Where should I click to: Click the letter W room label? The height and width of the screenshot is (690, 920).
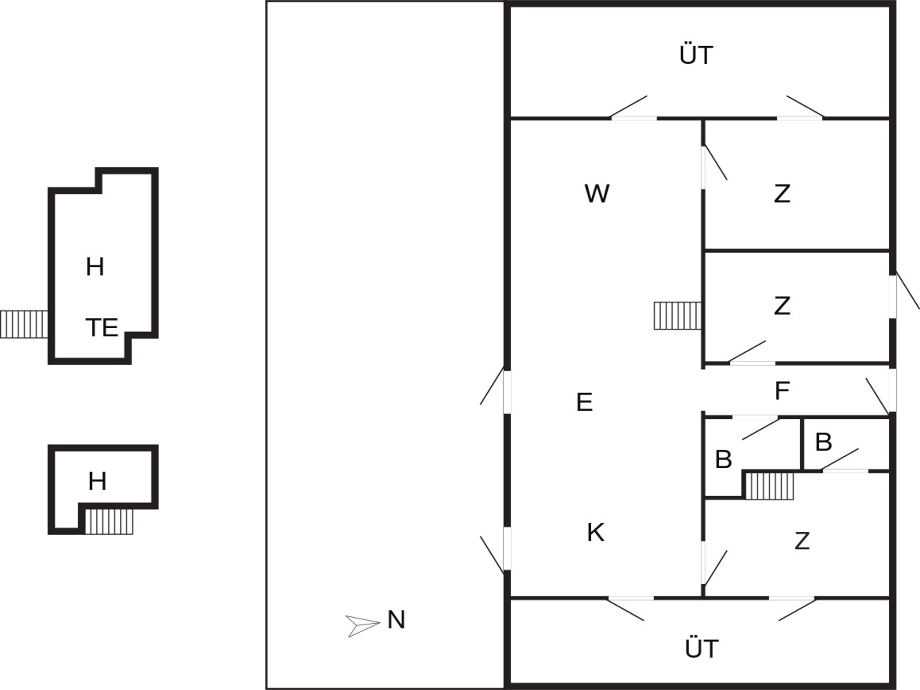point(597,194)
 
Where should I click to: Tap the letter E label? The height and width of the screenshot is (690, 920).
point(584,402)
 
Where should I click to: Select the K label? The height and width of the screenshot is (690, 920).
point(596,532)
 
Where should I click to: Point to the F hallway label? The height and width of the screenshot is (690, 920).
point(782,391)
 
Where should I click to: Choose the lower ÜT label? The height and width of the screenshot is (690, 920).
point(702,648)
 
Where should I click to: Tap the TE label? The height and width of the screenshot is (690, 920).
point(102,328)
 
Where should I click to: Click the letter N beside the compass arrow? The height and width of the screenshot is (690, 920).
point(396,620)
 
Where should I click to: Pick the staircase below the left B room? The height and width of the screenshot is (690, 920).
point(770,486)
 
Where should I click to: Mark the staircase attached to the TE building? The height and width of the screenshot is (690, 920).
point(24,324)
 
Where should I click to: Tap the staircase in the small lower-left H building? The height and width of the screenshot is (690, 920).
point(109,521)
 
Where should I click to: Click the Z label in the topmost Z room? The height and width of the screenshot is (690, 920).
point(782,194)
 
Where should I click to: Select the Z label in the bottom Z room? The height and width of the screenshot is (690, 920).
point(802,541)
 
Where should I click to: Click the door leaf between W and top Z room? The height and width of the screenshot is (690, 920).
point(715,163)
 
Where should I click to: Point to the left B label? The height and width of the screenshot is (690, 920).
point(723,459)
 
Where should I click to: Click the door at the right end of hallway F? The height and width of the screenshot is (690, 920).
point(877,396)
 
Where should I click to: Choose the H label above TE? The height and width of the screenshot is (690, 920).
point(95,267)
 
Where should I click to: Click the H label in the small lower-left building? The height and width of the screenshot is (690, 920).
point(97,481)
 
